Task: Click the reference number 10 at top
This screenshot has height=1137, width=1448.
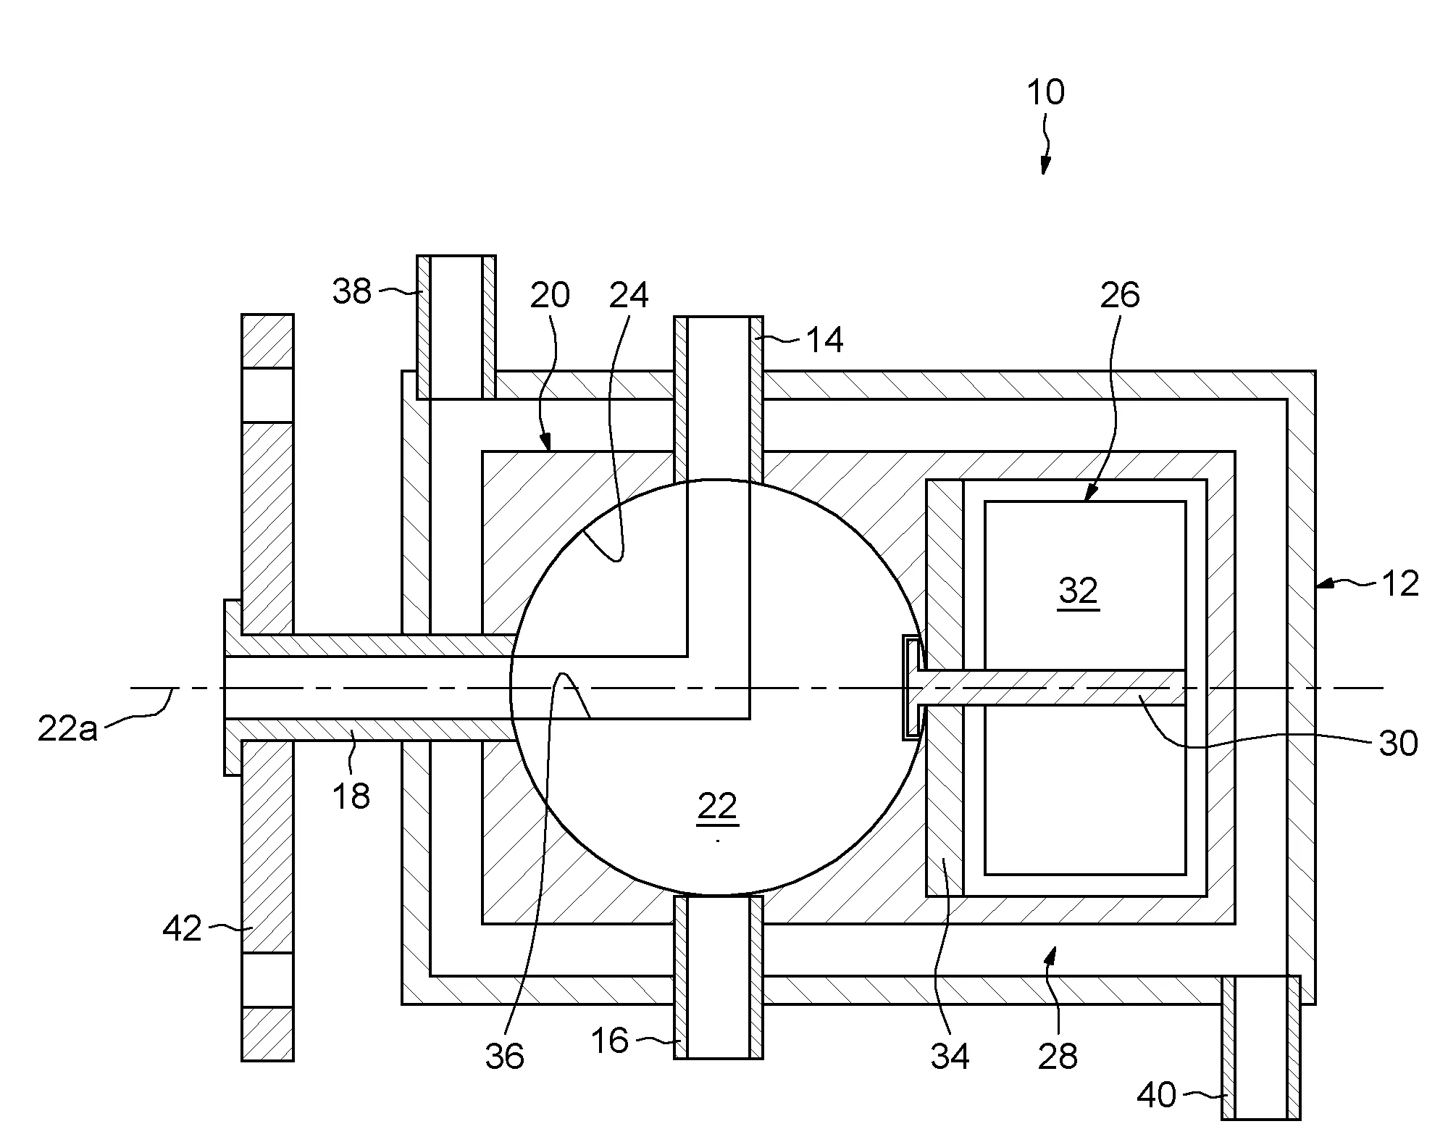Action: tap(1046, 92)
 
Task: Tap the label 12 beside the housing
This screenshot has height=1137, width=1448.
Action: tap(1399, 584)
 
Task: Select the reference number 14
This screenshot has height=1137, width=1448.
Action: tap(824, 340)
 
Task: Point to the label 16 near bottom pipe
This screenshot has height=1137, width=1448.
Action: tap(610, 1041)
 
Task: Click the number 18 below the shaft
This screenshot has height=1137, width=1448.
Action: tap(351, 796)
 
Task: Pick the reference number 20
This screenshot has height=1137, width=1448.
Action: tap(550, 295)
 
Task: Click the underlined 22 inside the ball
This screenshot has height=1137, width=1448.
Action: tap(717, 807)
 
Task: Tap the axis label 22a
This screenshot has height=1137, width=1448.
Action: tap(67, 729)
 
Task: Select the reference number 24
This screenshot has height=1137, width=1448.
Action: tap(629, 295)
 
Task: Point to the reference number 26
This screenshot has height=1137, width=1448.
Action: tap(1120, 295)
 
